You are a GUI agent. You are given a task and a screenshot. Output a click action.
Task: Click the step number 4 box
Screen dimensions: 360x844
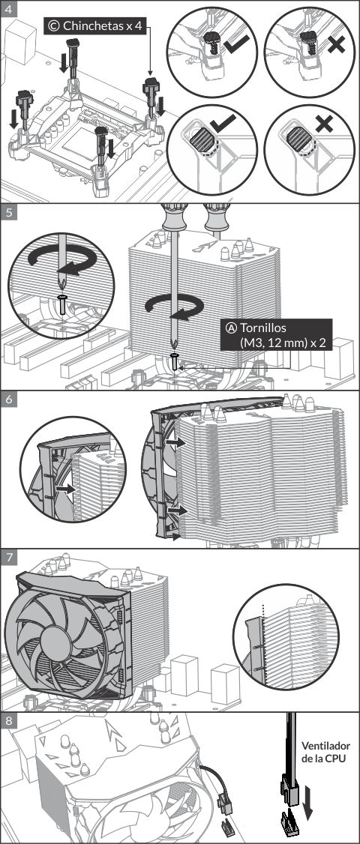[8, 8]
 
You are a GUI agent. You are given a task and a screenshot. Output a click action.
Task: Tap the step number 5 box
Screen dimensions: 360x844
[8, 212]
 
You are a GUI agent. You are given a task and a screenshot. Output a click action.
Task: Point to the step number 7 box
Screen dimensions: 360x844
[8, 558]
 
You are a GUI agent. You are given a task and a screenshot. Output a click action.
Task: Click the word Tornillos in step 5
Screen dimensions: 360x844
[263, 328]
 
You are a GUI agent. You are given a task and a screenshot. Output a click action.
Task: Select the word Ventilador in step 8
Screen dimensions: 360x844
[325, 746]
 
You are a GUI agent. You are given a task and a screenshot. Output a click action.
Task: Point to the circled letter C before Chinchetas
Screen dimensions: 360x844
[54, 25]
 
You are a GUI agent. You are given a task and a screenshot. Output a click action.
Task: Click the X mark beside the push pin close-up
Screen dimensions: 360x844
[336, 43]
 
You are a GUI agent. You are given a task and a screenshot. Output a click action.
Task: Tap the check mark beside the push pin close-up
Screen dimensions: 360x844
[236, 43]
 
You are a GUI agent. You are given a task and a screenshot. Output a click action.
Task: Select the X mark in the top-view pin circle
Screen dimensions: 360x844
[324, 124]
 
